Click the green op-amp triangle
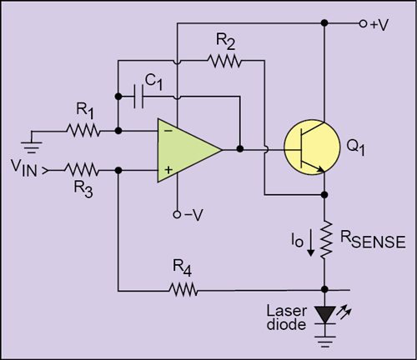pos(185,150)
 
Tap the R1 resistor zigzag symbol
pos(83,130)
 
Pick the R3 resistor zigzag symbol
pos(83,170)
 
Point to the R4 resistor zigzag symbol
pos(181,290)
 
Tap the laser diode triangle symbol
pos(324,311)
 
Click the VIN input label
pos(25,170)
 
